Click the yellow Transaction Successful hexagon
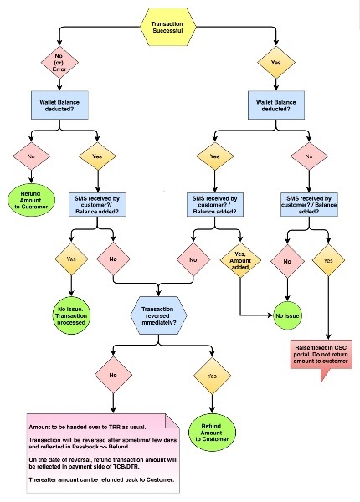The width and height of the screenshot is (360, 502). point(168,27)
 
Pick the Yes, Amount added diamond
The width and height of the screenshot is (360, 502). point(240,265)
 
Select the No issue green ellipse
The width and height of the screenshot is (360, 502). point(287,316)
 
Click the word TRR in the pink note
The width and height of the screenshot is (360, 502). point(112,427)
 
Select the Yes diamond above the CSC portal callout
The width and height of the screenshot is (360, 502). point(328,260)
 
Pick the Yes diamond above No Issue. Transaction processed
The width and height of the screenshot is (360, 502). point(70,260)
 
